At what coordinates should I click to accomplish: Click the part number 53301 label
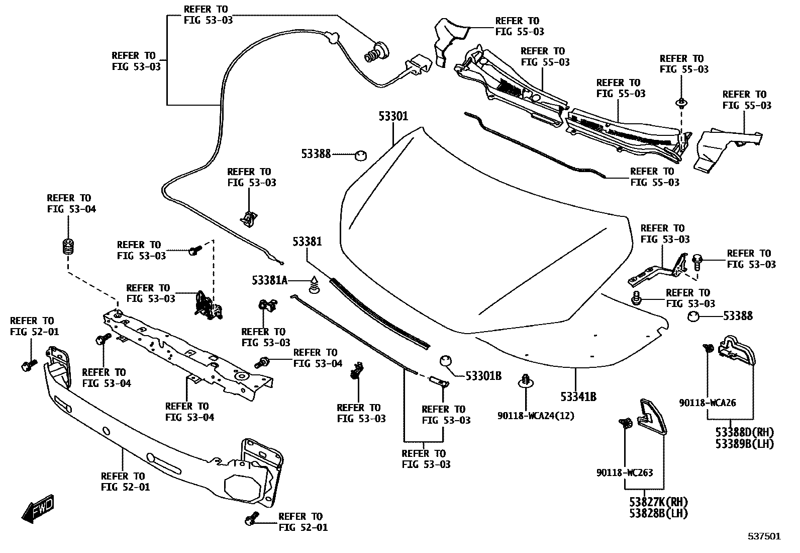(x=393, y=117)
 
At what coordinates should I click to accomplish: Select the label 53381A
(x=269, y=280)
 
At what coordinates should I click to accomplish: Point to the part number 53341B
(x=578, y=397)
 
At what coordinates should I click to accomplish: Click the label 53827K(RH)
(x=658, y=502)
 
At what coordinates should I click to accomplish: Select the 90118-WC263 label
(x=625, y=472)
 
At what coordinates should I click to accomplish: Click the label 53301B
(x=483, y=375)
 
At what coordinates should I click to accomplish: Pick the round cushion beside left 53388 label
(x=360, y=155)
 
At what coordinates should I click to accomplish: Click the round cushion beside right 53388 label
(x=693, y=317)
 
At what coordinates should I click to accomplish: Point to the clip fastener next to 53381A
(x=314, y=285)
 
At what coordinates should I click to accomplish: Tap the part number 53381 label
(x=307, y=242)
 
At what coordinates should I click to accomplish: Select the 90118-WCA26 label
(x=707, y=403)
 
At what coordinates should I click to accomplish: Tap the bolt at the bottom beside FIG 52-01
(x=251, y=519)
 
